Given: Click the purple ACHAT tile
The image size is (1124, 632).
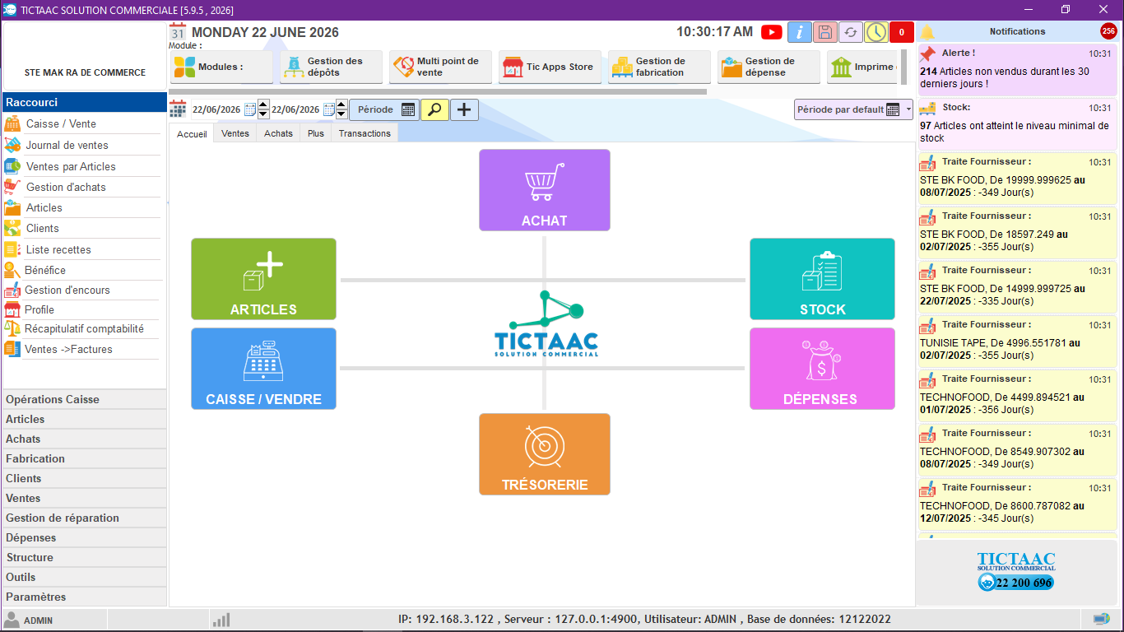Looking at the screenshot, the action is click(x=545, y=190).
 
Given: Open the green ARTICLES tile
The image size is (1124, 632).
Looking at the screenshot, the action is click(x=263, y=279).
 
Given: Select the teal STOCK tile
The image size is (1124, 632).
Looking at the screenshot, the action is click(x=822, y=279).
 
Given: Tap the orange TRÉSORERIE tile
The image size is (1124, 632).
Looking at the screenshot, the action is click(x=545, y=454).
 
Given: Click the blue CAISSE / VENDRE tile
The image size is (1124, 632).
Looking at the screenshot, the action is click(x=263, y=369).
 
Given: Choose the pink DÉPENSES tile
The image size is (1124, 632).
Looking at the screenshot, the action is click(x=822, y=369).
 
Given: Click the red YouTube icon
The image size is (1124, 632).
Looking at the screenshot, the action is click(x=771, y=32).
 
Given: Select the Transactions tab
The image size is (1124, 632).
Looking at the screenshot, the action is click(x=365, y=133).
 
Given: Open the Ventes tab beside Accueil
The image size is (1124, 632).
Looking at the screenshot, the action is click(x=235, y=133).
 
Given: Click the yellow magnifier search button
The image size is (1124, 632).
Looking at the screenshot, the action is click(x=434, y=109).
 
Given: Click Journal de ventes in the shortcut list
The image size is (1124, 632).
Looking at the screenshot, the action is click(x=67, y=145).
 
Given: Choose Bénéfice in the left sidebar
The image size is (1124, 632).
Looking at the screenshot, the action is click(x=45, y=270).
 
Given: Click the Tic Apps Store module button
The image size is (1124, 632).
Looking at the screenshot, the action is click(x=550, y=67).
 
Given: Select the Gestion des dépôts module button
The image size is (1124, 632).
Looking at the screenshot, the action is click(x=331, y=67).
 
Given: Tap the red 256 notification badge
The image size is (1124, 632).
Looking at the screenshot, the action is click(x=1108, y=31).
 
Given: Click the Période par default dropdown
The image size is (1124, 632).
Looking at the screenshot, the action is click(x=853, y=109).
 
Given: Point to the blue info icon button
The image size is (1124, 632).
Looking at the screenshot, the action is click(x=799, y=32).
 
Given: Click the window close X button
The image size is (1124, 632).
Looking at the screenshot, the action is click(x=1103, y=10).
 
